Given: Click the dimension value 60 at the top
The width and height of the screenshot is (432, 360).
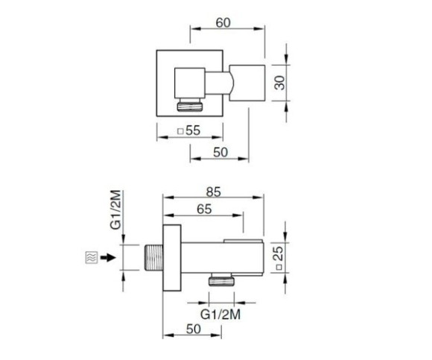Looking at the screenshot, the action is tap(223, 23).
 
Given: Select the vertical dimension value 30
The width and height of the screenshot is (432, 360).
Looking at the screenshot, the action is tap(280, 83).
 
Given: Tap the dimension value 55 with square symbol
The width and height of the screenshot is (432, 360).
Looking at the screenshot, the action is tap(189, 130).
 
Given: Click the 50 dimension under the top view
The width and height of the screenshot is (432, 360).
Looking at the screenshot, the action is tap(220, 152).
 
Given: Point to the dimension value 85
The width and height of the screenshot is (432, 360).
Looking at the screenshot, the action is tap(214, 192).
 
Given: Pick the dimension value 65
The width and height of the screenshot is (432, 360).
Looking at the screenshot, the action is tap(204, 209).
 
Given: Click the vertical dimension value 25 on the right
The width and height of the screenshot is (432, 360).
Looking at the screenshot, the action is tap(279, 257).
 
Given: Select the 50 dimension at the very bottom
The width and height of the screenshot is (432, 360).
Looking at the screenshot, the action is tap(194, 329).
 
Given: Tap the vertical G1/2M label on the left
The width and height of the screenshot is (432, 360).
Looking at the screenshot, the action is tap(115, 210).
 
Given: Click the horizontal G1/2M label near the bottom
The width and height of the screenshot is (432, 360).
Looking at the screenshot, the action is tap(220, 315).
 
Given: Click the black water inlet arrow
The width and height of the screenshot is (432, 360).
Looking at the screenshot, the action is tap(107, 258).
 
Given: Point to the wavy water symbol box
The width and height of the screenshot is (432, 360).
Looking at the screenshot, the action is tap(92, 258).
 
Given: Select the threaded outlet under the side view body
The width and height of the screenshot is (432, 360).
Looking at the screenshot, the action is tap(221, 280).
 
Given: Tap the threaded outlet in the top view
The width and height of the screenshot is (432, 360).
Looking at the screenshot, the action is tap(190, 105).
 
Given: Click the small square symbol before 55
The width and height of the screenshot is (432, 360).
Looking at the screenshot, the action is tap(181, 131).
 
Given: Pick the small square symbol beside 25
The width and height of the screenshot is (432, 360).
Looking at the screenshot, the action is tap(279, 267).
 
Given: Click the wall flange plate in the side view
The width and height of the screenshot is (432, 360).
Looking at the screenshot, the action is tap(172, 258).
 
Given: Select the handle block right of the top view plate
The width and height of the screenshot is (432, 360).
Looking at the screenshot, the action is tap(247, 83).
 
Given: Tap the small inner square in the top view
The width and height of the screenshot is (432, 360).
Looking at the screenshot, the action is tap(190, 83).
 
